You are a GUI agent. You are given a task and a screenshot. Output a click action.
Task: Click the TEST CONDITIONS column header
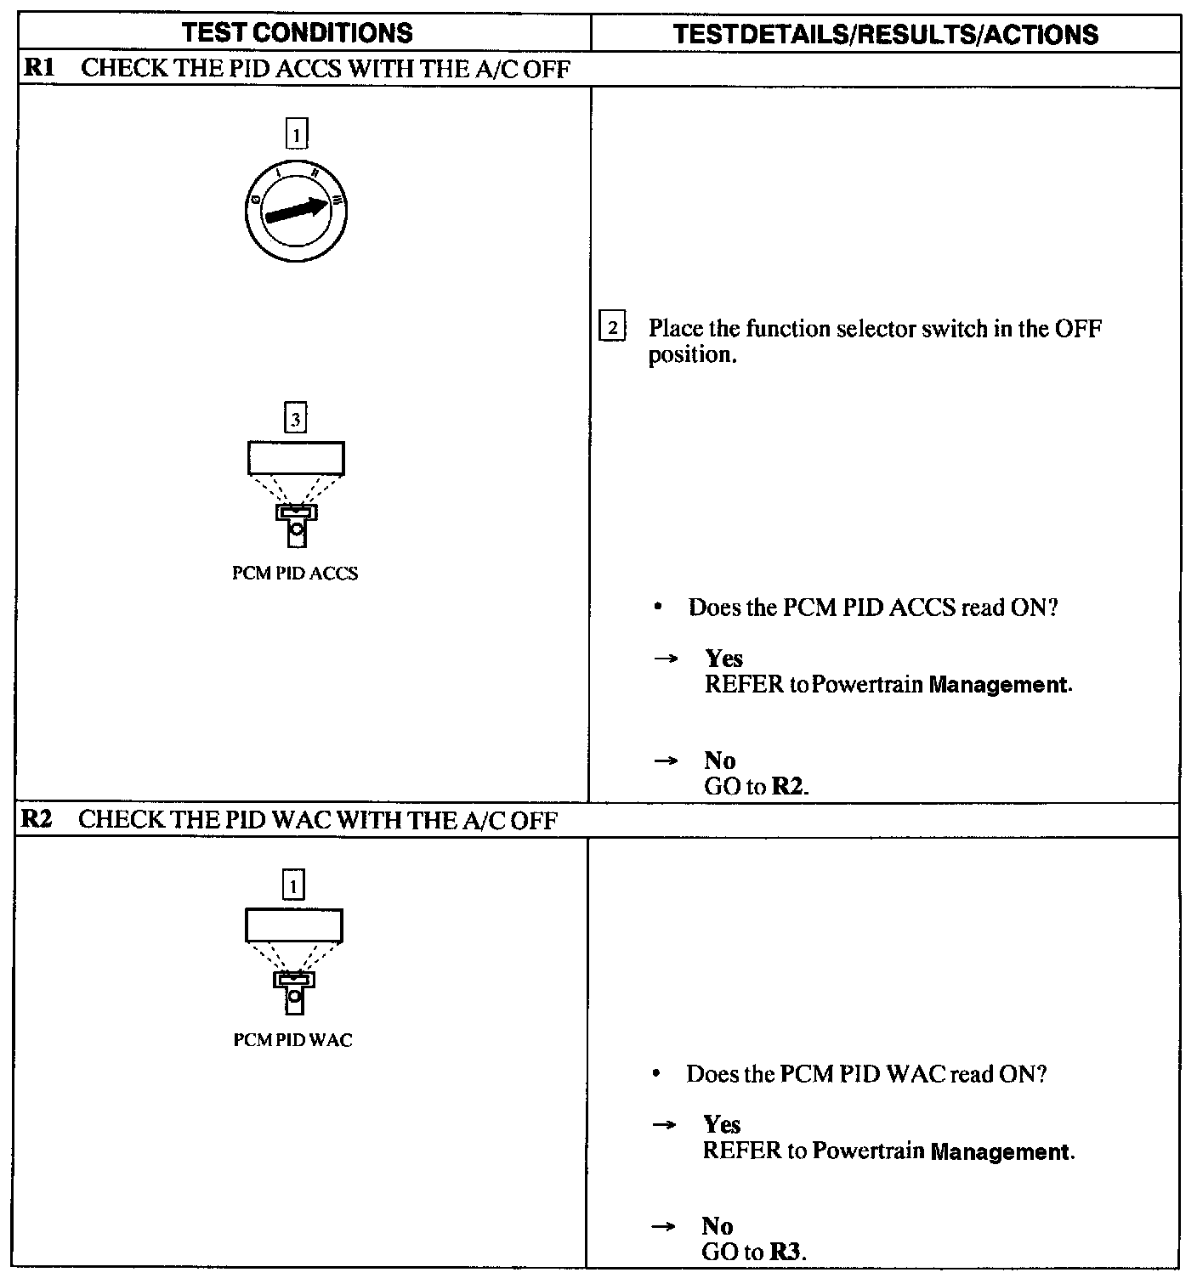point(298,33)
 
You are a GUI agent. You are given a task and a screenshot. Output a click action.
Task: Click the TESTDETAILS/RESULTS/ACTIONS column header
point(885,34)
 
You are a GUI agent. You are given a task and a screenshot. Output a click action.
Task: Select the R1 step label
point(39,69)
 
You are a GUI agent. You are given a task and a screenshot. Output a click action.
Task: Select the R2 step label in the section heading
point(37,819)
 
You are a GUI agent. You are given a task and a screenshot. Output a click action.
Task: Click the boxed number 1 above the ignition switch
point(296,133)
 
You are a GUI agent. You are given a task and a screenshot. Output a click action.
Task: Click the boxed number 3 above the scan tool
point(295,419)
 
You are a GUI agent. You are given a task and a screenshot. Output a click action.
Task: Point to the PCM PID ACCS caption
point(295,574)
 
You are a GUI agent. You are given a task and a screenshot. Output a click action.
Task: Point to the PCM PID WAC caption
point(292,1040)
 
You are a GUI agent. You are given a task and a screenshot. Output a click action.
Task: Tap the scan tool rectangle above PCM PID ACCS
point(296,458)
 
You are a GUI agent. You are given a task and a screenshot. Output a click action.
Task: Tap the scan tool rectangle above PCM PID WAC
point(294,925)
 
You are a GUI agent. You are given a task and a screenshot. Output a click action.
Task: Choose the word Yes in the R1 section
point(723,659)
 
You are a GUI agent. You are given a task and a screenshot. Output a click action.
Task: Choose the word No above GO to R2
point(719,761)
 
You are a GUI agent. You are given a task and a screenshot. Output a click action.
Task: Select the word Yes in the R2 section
point(722,1125)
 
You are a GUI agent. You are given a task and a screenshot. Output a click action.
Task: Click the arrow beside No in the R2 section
point(663,1226)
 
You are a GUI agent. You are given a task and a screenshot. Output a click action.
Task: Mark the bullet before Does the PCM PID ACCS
point(658,608)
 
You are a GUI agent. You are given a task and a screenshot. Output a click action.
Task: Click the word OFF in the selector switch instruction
point(1078,329)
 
